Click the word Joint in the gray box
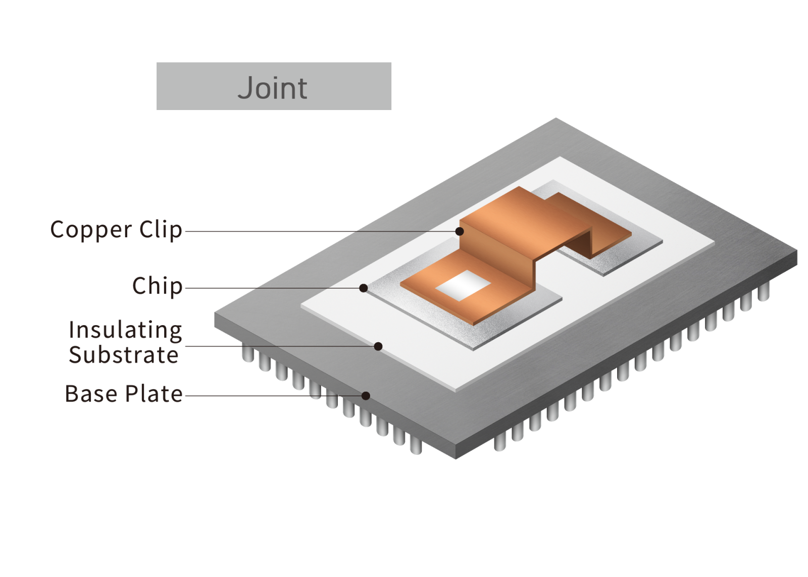click(272, 88)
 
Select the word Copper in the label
click(91, 230)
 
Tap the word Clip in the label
click(161, 230)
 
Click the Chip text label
click(157, 286)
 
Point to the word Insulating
click(125, 331)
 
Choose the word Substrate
click(124, 355)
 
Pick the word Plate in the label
click(154, 394)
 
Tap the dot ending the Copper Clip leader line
click(460, 231)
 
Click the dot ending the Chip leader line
click(364, 288)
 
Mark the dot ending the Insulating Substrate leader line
click(378, 346)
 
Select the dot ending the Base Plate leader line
click(366, 396)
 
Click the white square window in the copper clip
click(463, 286)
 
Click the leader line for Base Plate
click(273, 396)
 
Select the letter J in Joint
click(246, 88)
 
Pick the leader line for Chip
click(273, 288)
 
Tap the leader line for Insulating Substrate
click(278, 346)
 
